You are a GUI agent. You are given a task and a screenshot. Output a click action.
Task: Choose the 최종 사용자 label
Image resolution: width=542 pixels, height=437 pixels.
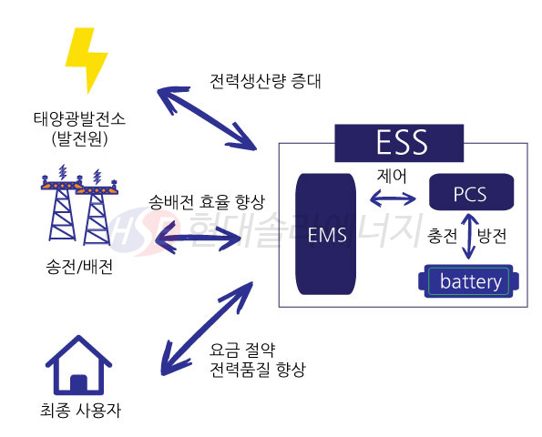click(x=81, y=411)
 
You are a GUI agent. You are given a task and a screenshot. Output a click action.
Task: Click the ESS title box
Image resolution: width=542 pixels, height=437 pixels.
click(x=402, y=143)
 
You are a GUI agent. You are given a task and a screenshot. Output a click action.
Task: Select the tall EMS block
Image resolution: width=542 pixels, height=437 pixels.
click(x=325, y=236)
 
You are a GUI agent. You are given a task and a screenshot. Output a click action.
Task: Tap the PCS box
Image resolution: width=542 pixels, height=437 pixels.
click(x=470, y=194)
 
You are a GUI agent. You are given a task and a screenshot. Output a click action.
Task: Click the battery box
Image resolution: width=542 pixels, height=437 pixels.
click(x=470, y=281)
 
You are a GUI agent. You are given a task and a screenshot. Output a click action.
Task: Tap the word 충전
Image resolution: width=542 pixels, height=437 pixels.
click(x=443, y=235)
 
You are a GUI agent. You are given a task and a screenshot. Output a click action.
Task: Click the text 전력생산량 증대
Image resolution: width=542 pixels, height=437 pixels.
click(x=264, y=82)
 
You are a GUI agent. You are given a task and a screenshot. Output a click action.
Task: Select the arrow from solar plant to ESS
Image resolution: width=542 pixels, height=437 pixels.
click(x=206, y=117)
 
